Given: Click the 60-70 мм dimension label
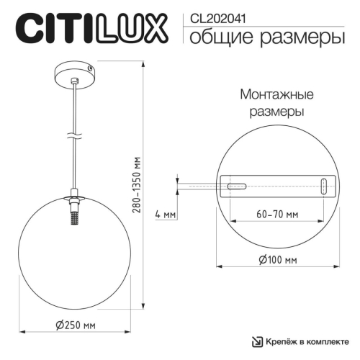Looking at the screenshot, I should click(x=277, y=215).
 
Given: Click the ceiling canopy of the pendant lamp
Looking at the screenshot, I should click(x=75, y=73).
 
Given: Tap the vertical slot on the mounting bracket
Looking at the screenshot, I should click(x=325, y=185).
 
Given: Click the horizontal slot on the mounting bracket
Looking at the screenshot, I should click(x=236, y=186).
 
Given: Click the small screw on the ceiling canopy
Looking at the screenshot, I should click(x=90, y=68).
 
